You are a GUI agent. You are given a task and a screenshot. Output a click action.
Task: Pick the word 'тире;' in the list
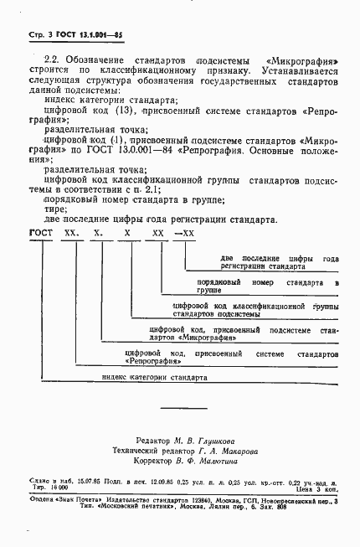54,209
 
